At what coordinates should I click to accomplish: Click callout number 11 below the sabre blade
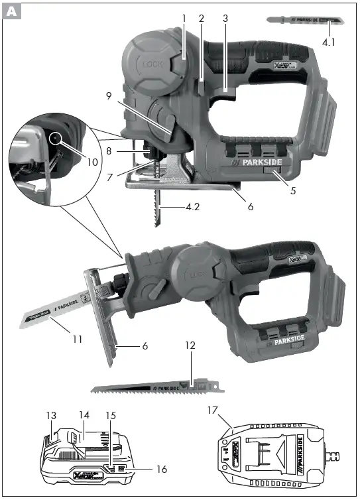78,339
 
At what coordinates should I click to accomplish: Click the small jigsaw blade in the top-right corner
305,21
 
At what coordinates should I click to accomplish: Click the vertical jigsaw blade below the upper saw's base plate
158,207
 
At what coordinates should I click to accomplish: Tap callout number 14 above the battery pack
84,415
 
